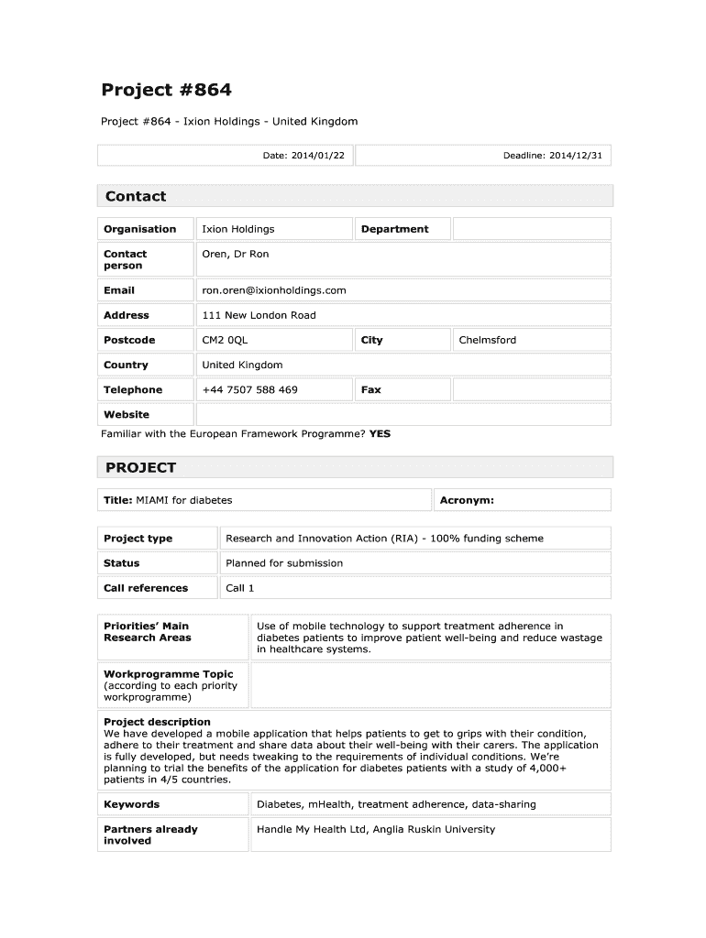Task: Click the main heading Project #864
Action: [x=166, y=90]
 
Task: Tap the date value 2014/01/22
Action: [x=318, y=156]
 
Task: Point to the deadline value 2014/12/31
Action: [x=576, y=156]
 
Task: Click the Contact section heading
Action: [x=136, y=196]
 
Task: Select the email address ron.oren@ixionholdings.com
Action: [x=274, y=290]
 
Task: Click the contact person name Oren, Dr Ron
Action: [x=236, y=254]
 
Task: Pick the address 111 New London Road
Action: [x=259, y=315]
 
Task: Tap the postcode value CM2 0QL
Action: [x=225, y=340]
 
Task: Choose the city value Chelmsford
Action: [x=487, y=340]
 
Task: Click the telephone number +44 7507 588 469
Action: [x=249, y=389]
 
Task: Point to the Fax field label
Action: [x=370, y=389]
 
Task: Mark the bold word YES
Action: [x=380, y=433]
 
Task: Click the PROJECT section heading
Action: [x=140, y=467]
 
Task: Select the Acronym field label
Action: [x=467, y=500]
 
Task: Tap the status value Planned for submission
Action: [x=284, y=563]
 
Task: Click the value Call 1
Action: [x=239, y=588]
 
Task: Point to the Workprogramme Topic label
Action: [x=168, y=674]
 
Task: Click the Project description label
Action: [x=157, y=722]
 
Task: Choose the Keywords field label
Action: [x=131, y=804]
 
